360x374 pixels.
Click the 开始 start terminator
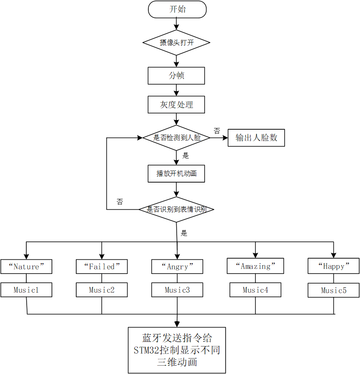pyautogui.click(x=177, y=10)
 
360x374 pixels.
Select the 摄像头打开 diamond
pyautogui.click(x=176, y=43)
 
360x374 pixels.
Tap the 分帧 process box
pyautogui.click(x=176, y=76)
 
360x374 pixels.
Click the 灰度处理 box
pyautogui.click(x=176, y=105)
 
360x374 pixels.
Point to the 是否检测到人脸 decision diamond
pyautogui.click(x=176, y=138)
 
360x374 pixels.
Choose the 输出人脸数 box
pyautogui.click(x=256, y=138)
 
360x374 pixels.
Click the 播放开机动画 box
pyautogui.click(x=176, y=173)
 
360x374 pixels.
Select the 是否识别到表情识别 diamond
pyautogui.click(x=176, y=209)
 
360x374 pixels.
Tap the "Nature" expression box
pyautogui.click(x=26, y=266)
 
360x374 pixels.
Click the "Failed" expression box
pyautogui.click(x=102, y=266)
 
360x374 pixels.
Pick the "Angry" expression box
pyautogui.click(x=177, y=267)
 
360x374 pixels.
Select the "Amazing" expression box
pyautogui.click(x=255, y=266)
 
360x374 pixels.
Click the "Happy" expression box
pyautogui.click(x=333, y=266)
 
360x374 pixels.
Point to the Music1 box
pyautogui.click(x=26, y=290)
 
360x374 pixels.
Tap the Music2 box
pyautogui.click(x=102, y=290)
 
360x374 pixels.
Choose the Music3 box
pyautogui.click(x=177, y=290)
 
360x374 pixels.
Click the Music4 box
pyautogui.click(x=255, y=290)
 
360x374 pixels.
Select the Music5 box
pyautogui.click(x=333, y=290)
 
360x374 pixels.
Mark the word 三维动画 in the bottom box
pyautogui.click(x=177, y=362)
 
